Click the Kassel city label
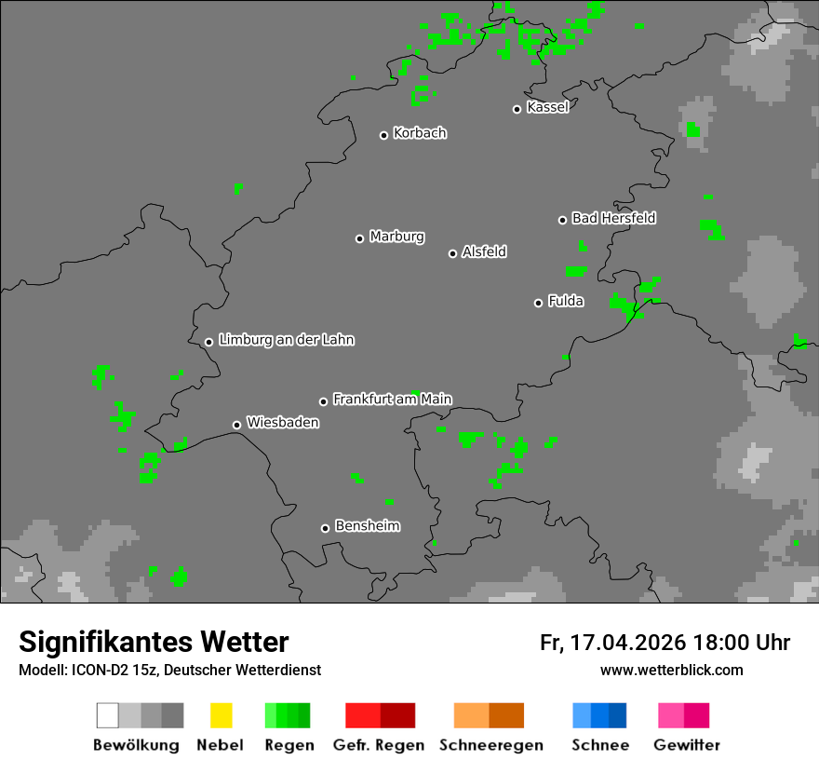point(547,107)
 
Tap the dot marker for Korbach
point(383,135)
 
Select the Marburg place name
point(396,237)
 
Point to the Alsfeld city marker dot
point(452,253)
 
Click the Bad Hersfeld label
point(613,218)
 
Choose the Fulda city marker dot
point(538,303)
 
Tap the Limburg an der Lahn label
point(286,340)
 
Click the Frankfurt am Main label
point(392,400)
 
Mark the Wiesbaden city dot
point(236,425)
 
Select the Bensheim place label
point(367,526)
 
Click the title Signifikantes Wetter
point(154,642)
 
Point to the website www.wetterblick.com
point(671,670)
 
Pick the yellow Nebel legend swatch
point(221,715)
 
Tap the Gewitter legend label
point(687,745)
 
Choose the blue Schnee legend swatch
point(599,715)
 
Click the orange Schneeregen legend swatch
point(489,715)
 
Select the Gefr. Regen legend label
point(379,745)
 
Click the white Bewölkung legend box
point(107,715)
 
